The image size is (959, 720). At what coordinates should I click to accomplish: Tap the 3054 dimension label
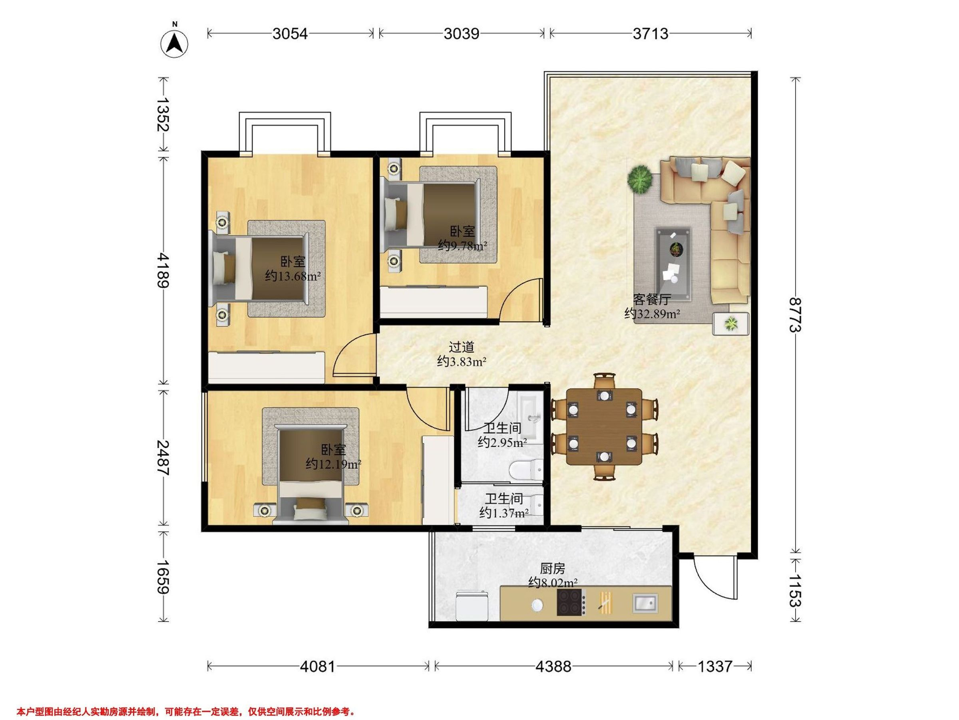pos(290,34)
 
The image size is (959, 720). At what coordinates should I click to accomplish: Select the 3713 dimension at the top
pos(650,34)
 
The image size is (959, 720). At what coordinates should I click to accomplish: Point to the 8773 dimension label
pos(795,315)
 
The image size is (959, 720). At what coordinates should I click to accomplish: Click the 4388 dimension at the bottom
pos(553,666)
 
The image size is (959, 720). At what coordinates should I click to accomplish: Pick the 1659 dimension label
pos(163,577)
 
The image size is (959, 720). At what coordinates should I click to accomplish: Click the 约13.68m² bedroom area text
pos(293,276)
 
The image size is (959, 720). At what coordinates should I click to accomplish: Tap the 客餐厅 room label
pos(652,299)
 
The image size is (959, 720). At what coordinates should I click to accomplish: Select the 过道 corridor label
pos(461,347)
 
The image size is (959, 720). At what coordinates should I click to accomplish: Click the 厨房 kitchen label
pos(552,568)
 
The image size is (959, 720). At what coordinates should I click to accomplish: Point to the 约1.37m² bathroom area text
pos(504,513)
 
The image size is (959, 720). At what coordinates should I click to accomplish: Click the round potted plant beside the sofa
pos(640,179)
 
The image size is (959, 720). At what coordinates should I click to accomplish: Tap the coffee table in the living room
pos(673,264)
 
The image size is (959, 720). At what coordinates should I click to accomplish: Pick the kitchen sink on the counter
pos(645,603)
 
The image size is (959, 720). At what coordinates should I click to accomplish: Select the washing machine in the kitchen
pos(473,606)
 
